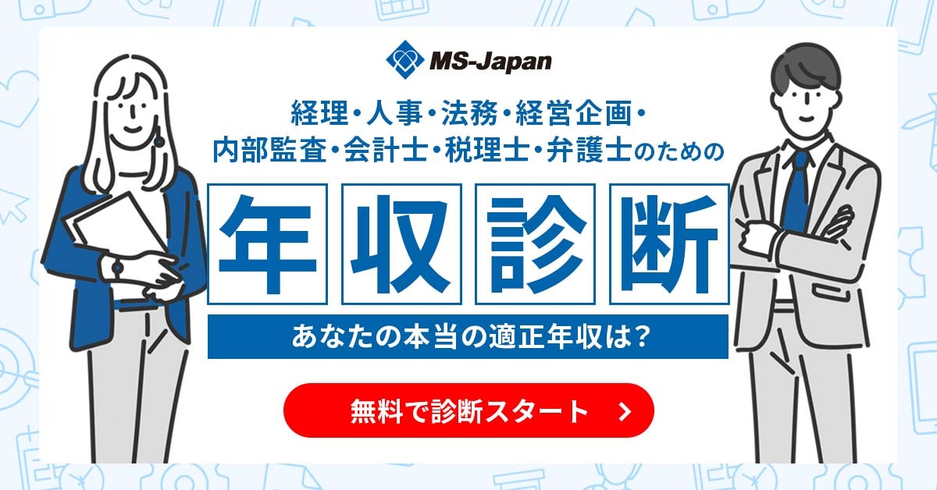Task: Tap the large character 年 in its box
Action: (267, 243)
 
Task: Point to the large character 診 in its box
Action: (535, 243)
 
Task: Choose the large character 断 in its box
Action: (669, 243)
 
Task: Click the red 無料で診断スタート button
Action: (468, 410)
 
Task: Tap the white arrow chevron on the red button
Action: (623, 411)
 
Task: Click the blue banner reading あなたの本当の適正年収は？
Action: (468, 337)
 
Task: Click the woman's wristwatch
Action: (117, 268)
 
